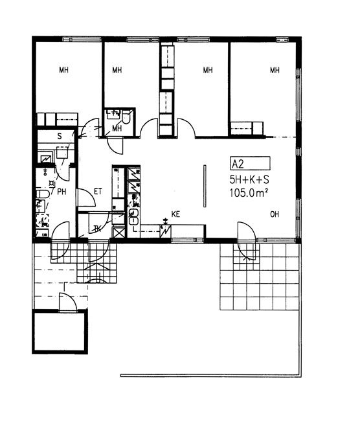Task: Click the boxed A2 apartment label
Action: pyautogui.click(x=250, y=163)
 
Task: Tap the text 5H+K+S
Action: pyautogui.click(x=249, y=179)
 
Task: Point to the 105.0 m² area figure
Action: pyautogui.click(x=249, y=192)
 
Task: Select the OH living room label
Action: pyautogui.click(x=275, y=214)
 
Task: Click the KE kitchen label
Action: pyautogui.click(x=175, y=214)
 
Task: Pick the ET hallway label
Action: pyautogui.click(x=98, y=192)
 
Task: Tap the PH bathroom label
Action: pyautogui.click(x=62, y=192)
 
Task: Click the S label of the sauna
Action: pyautogui.click(x=60, y=136)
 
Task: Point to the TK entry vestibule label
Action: pyautogui.click(x=97, y=229)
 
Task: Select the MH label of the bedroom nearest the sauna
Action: pyautogui.click(x=64, y=70)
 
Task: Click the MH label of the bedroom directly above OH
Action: pyautogui.click(x=275, y=71)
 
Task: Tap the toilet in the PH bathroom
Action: pyautogui.click(x=43, y=194)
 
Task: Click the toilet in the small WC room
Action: pyautogui.click(x=126, y=117)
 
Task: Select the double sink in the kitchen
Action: pyautogui.click(x=133, y=217)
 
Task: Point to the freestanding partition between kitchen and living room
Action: pyautogui.click(x=205, y=186)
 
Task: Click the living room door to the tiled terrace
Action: pyautogui.click(x=247, y=241)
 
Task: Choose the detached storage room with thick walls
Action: pyautogui.click(x=60, y=332)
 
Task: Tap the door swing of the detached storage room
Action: pyautogui.click(x=68, y=302)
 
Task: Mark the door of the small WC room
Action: pyautogui.click(x=115, y=145)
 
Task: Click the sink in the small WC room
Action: pyautogui.click(x=113, y=115)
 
